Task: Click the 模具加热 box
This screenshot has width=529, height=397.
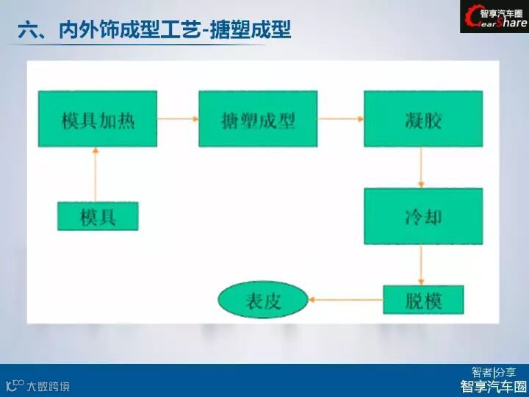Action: (x=98, y=118)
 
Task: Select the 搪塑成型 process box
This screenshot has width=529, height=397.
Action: (x=258, y=118)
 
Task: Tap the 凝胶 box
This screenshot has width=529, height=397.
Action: (x=423, y=118)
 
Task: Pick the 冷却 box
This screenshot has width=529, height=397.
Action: (x=423, y=216)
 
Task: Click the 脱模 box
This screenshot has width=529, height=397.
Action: (x=424, y=299)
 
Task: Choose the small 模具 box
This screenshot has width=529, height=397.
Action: (x=98, y=215)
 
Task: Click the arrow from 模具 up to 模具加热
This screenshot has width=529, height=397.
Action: (x=96, y=174)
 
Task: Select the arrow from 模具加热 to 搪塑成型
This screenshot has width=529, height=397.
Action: (x=178, y=118)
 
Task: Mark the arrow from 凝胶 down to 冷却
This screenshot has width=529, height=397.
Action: (x=421, y=167)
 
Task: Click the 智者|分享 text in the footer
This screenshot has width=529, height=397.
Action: (x=493, y=372)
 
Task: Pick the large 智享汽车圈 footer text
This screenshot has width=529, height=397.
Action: (x=493, y=387)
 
